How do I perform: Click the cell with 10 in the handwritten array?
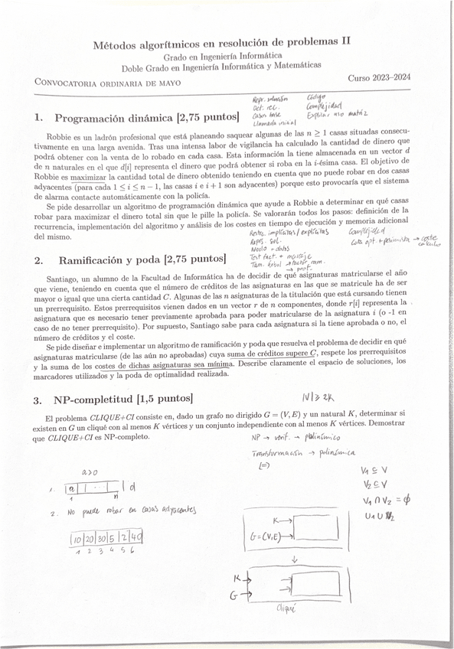78,540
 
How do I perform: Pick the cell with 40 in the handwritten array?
136,538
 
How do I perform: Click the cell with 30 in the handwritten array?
101,539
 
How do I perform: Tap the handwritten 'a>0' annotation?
80,472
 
